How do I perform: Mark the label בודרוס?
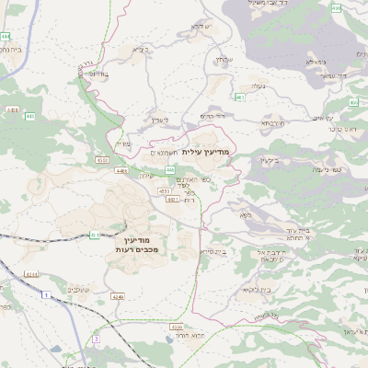[98, 74]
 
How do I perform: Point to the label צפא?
[246, 215]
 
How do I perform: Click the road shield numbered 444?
[6, 36]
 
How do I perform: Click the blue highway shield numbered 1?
[43, 294]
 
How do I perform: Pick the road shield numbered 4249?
[118, 296]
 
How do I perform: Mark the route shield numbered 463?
[240, 96]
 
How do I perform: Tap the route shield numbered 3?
[94, 339]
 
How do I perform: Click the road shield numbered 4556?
[177, 327]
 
